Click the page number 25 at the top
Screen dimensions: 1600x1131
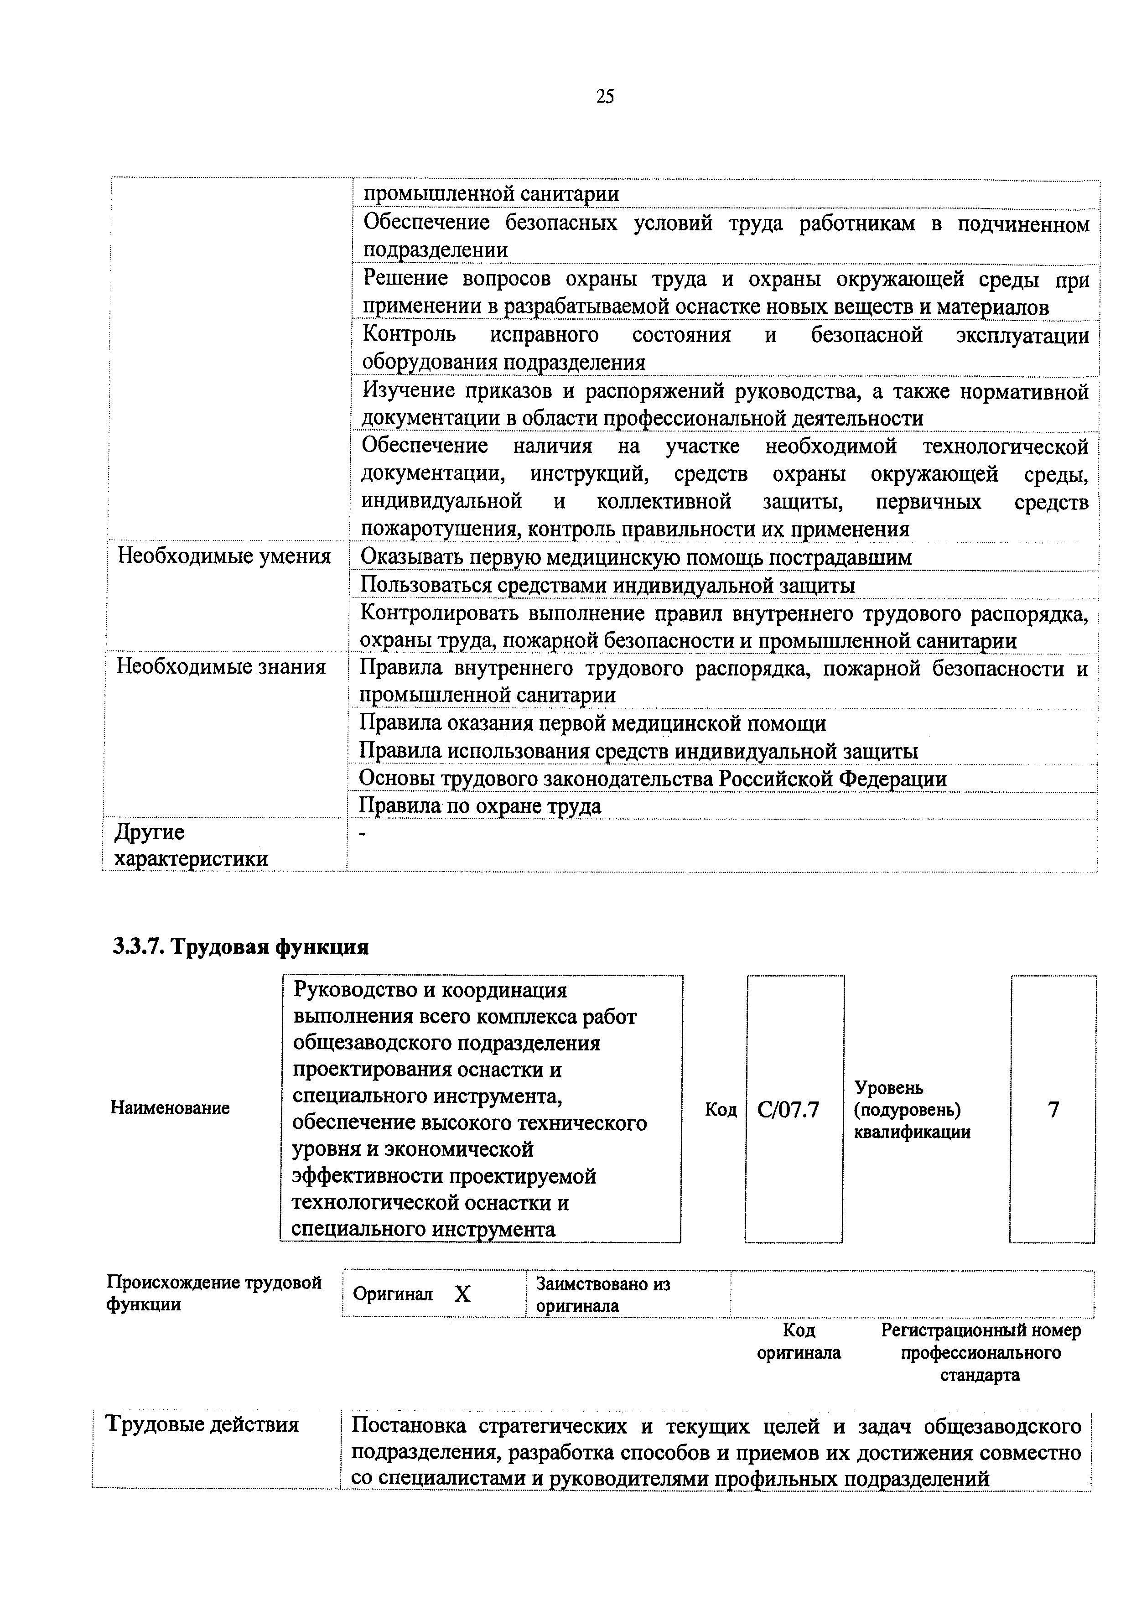[605, 97]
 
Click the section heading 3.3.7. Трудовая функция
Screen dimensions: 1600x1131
[240, 947]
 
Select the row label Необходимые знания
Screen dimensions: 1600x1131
[221, 667]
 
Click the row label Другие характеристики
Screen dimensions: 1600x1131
[190, 845]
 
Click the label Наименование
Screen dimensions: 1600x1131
[170, 1108]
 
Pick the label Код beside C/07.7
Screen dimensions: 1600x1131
[721, 1109]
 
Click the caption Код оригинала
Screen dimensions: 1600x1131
[799, 1341]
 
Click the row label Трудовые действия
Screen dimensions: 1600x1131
[202, 1423]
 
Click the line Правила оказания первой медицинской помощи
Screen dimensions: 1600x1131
[592, 723]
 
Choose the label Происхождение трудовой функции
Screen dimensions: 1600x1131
[214, 1294]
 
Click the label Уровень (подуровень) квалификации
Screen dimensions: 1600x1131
[912, 1109]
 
